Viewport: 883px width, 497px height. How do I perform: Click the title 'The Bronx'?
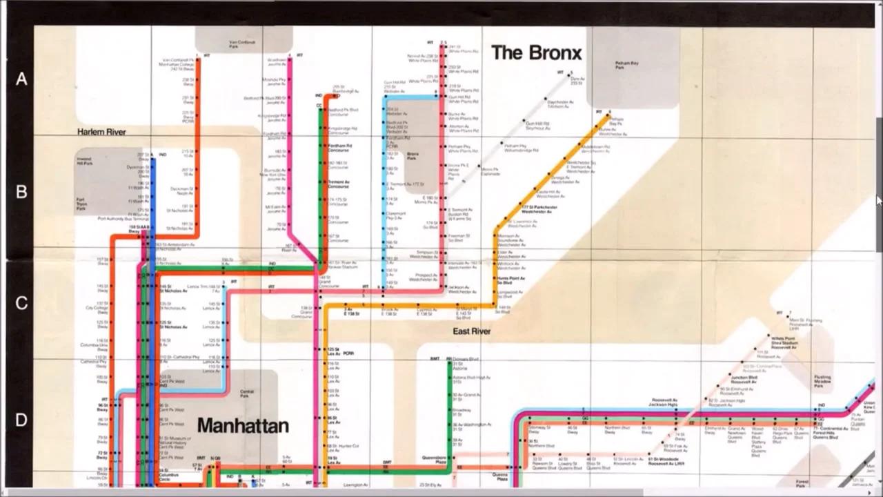pyautogui.click(x=536, y=52)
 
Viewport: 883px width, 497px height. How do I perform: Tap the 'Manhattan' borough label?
pyautogui.click(x=243, y=425)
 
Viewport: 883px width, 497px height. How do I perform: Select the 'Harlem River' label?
pyautogui.click(x=101, y=131)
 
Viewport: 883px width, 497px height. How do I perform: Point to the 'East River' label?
pyautogui.click(x=472, y=331)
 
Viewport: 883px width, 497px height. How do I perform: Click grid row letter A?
pyautogui.click(x=21, y=79)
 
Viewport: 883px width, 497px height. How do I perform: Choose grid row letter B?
pyautogui.click(x=21, y=192)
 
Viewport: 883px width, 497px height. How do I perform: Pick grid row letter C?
pyautogui.click(x=21, y=303)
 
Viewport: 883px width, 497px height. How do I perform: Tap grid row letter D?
pyautogui.click(x=21, y=420)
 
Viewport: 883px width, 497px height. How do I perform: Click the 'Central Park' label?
pyautogui.click(x=246, y=393)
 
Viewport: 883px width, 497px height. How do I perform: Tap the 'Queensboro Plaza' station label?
pyautogui.click(x=435, y=459)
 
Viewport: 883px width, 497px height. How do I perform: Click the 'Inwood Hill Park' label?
pyautogui.click(x=84, y=162)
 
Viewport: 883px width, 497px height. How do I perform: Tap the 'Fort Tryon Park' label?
pyautogui.click(x=81, y=204)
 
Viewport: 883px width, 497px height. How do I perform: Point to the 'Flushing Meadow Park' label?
pyautogui.click(x=822, y=380)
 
